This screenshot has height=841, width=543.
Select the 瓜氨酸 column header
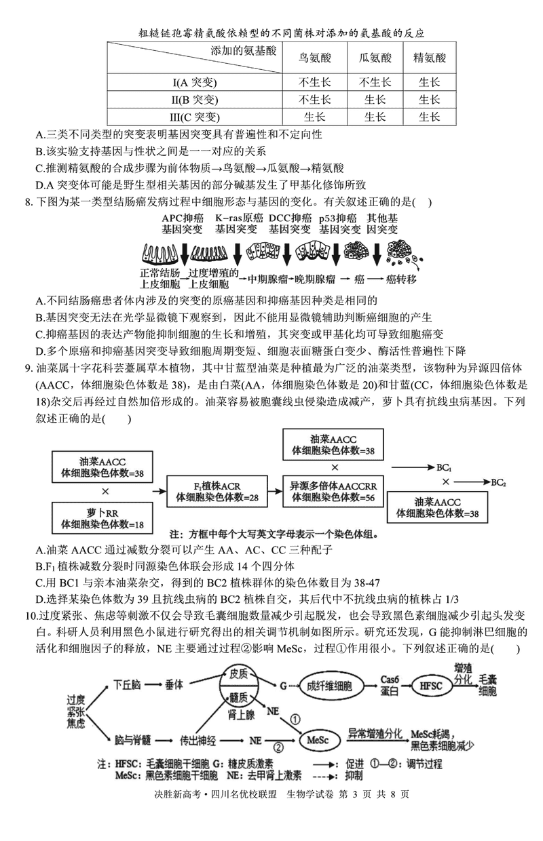[375, 58]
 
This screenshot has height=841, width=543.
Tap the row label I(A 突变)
[193, 83]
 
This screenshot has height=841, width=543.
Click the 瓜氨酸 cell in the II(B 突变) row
[375, 100]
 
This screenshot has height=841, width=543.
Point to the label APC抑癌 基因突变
[183, 224]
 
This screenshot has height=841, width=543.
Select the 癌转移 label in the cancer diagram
[400, 279]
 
